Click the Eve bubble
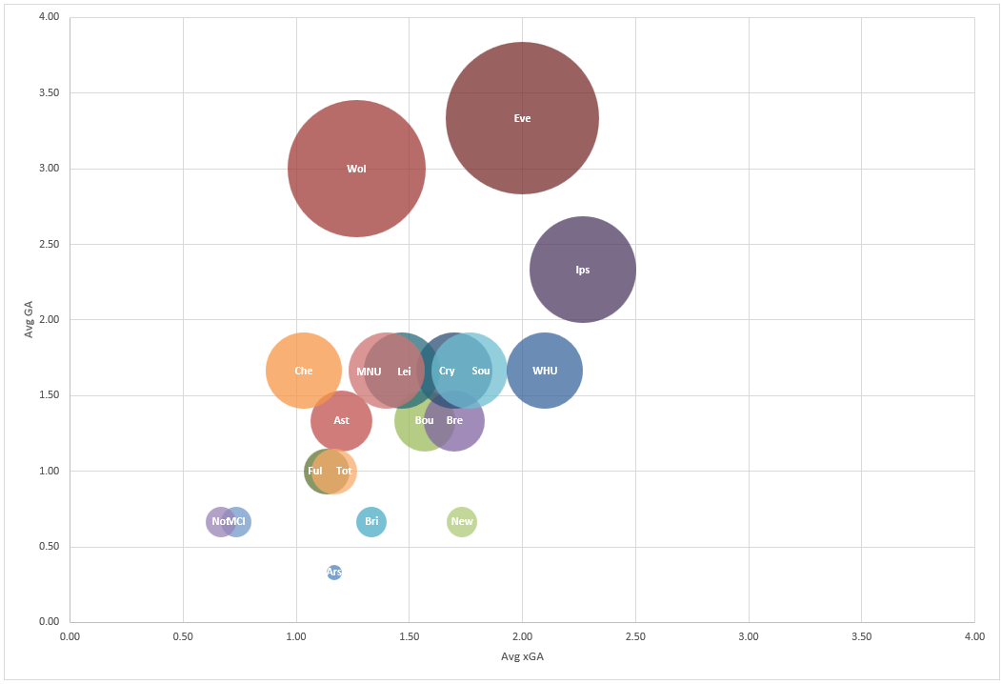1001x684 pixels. coord(522,118)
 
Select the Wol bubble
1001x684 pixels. coord(356,169)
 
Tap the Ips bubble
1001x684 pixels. coord(583,270)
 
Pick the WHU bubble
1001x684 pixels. coord(545,371)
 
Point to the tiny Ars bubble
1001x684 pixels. coord(334,572)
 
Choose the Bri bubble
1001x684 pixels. coord(371,521)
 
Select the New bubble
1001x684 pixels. coord(462,521)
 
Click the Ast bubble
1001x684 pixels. coord(341,420)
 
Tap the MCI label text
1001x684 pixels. coord(236,521)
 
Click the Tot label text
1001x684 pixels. coord(344,471)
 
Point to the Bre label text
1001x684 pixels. coord(454,420)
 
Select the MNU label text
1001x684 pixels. coord(369,372)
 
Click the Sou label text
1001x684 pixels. coord(481,371)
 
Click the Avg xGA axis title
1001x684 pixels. coord(522,657)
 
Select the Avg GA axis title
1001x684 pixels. coord(30,319)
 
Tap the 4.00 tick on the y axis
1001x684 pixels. coord(48,17)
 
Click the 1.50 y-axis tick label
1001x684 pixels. coord(48,395)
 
